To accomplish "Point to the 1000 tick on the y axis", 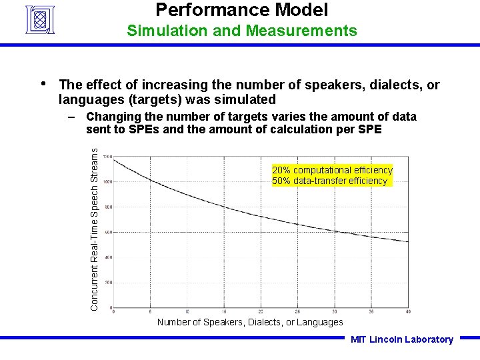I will pos(106,181).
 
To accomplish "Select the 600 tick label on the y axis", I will pos(107,232).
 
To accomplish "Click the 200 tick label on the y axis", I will pos(107,283).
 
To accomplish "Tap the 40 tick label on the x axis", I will pos(407,311).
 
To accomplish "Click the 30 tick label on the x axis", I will pos(334,311).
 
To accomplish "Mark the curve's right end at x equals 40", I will pos(407,241).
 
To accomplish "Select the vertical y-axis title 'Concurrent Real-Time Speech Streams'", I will pos(95,229).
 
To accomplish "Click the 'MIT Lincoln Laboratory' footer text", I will pos(402,339).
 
